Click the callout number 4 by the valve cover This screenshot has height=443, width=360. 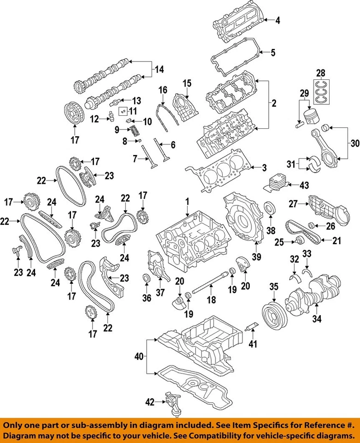[277, 20]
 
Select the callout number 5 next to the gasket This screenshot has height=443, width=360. [273, 53]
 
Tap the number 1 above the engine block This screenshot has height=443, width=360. [188, 202]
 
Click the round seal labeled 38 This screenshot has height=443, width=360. [270, 208]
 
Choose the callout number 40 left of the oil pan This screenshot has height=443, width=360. [139, 357]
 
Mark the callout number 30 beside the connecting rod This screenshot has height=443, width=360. [354, 143]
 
